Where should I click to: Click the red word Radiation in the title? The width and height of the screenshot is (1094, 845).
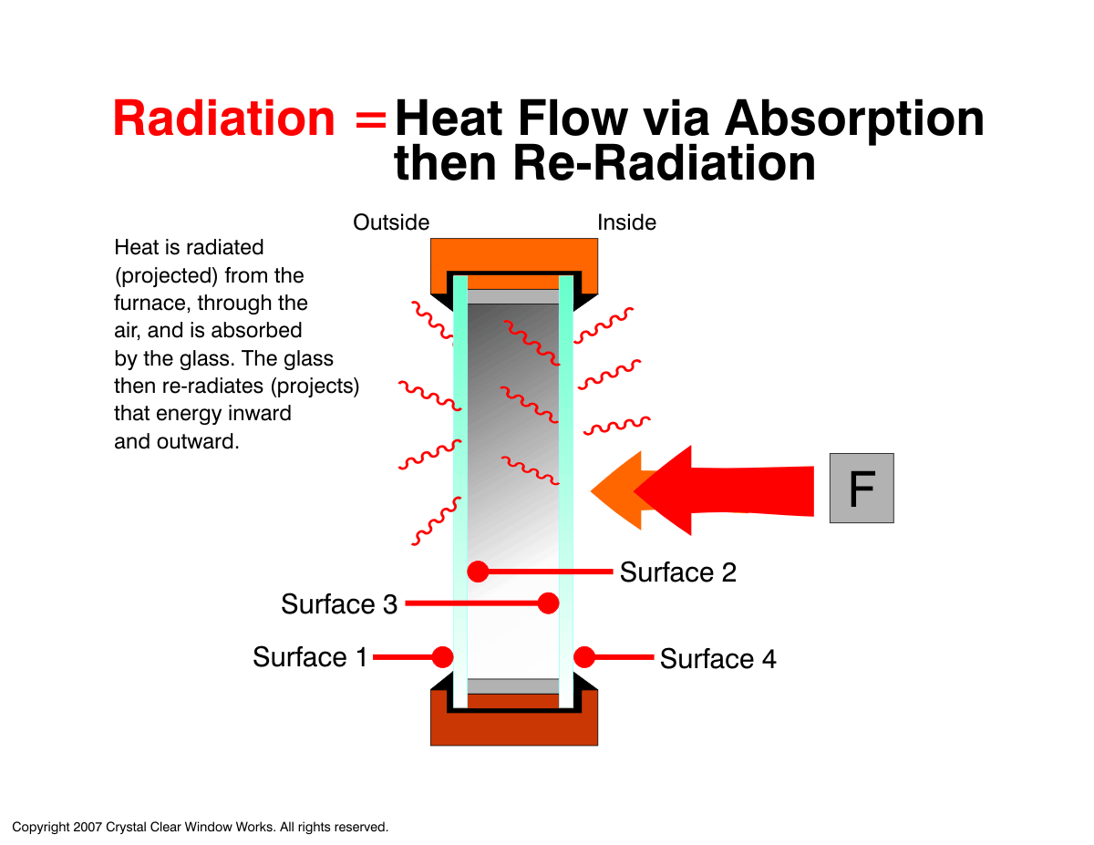pyautogui.click(x=223, y=119)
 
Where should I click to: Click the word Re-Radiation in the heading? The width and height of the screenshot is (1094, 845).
pyautogui.click(x=664, y=163)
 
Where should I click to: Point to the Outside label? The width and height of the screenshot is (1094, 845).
pyautogui.click(x=391, y=222)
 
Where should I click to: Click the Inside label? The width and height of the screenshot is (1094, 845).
pyautogui.click(x=626, y=222)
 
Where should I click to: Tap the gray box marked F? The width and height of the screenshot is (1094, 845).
pyautogui.click(x=861, y=488)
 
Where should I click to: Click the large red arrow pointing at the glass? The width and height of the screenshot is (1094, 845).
pyautogui.click(x=724, y=490)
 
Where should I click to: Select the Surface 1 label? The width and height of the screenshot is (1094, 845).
pyautogui.click(x=310, y=657)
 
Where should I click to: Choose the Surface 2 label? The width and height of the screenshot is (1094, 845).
pyautogui.click(x=677, y=572)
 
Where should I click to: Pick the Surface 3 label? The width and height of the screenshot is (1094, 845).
pyautogui.click(x=339, y=604)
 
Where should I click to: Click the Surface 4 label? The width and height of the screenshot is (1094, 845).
pyautogui.click(x=717, y=659)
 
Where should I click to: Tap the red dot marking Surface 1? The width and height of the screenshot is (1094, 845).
pyautogui.click(x=442, y=657)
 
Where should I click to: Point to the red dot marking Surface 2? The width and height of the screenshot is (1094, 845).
pyautogui.click(x=478, y=572)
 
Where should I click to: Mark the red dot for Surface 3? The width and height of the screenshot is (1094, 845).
pyautogui.click(x=548, y=603)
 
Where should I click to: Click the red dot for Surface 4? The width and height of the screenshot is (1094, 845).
pyautogui.click(x=584, y=657)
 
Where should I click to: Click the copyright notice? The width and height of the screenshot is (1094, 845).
pyautogui.click(x=200, y=827)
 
